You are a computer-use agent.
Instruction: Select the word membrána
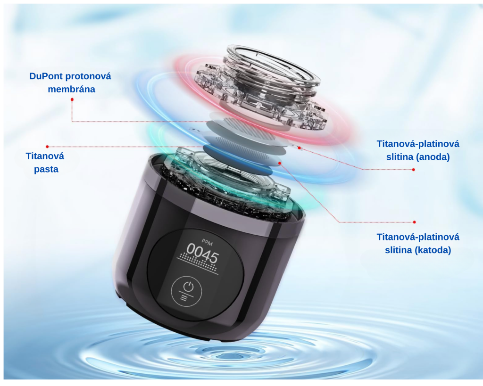72,89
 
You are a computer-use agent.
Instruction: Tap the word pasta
46,169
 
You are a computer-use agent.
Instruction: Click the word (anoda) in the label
433,157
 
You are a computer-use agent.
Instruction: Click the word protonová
88,76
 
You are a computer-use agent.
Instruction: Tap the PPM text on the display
207,243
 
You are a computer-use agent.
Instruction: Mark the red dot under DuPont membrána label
72,99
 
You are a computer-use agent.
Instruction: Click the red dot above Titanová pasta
47,147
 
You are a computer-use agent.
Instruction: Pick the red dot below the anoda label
413,170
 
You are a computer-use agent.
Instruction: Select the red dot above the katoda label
414,222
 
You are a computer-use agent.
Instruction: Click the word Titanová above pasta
45,156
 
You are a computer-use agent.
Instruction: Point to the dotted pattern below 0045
199,261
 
